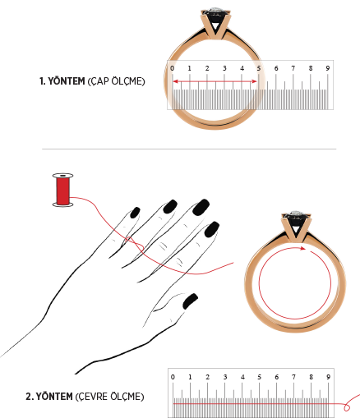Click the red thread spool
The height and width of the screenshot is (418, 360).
point(62,190)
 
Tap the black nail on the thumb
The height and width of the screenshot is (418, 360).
point(190,301)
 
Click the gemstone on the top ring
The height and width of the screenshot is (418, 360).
point(216,11)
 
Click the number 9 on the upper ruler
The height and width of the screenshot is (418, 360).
point(328,68)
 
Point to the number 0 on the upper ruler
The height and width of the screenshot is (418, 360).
point(172,68)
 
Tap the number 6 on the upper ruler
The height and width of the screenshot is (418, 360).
point(276,68)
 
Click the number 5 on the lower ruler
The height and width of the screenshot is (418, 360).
point(259,377)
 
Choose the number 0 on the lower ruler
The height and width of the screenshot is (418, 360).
point(173,377)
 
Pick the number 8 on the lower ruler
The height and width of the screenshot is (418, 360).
point(311,377)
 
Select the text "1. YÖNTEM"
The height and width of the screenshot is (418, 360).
point(62,81)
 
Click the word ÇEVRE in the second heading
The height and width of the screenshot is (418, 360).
point(92,397)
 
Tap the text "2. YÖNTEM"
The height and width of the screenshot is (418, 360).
point(49,397)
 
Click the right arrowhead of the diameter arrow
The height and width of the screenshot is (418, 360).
point(255,81)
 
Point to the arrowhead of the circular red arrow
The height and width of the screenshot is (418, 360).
point(302,248)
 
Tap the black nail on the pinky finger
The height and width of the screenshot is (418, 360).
point(135,213)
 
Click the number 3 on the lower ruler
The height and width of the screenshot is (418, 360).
point(225,377)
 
